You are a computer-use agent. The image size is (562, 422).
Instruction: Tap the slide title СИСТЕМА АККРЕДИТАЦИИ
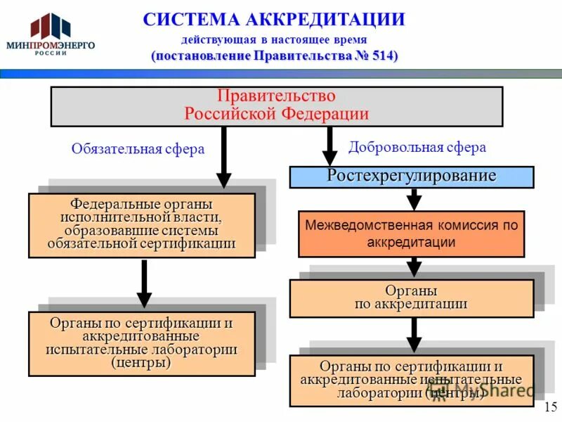[x=274, y=19]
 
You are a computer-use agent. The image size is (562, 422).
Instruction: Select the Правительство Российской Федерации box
[x=276, y=106]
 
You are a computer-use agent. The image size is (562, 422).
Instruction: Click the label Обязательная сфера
[x=138, y=149]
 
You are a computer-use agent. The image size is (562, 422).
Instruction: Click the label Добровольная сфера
[x=417, y=148]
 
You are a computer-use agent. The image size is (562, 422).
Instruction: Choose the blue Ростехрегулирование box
[x=412, y=177]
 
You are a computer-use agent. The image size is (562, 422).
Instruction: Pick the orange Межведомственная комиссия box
[x=411, y=234]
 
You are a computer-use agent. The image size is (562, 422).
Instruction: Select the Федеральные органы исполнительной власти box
[x=141, y=225]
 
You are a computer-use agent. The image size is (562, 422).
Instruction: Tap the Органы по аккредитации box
[x=411, y=298]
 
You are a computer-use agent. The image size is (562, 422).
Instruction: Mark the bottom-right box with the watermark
[x=411, y=381]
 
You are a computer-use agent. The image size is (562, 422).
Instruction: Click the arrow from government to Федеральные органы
[x=223, y=158]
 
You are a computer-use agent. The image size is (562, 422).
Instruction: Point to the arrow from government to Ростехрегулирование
[x=329, y=147]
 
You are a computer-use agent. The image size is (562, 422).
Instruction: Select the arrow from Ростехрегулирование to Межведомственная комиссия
[x=414, y=199]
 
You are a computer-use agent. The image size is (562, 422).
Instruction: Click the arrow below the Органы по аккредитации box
[x=414, y=335]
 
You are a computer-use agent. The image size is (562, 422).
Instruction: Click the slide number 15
[x=550, y=407]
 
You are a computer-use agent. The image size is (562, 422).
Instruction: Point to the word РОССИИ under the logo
[x=50, y=53]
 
